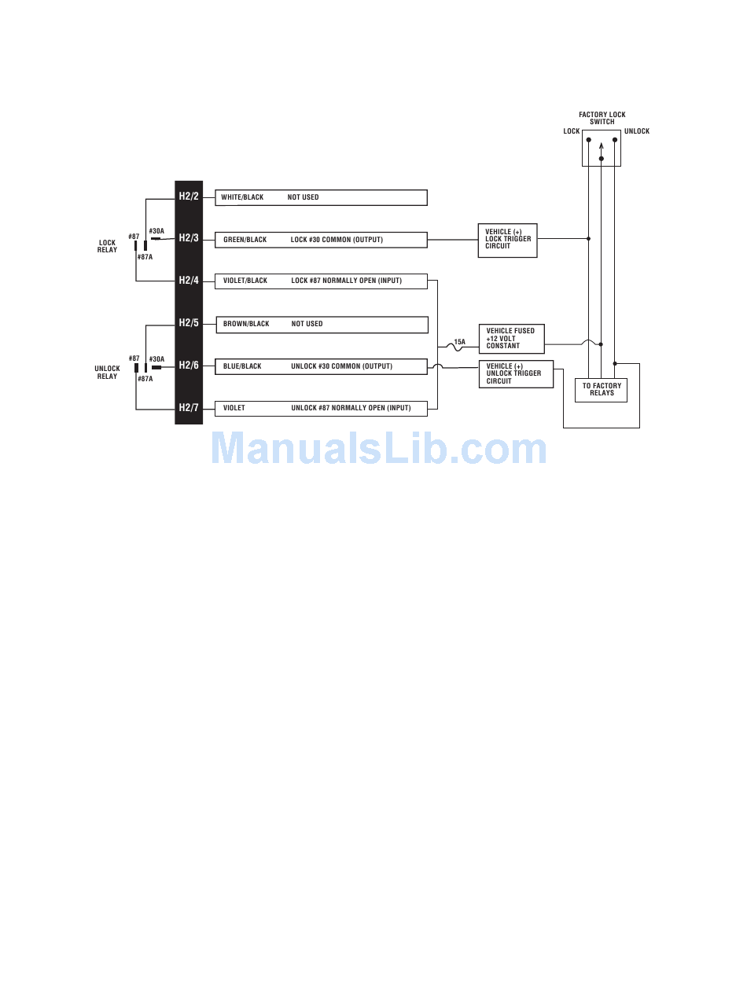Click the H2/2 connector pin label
tap(189, 196)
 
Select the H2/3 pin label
tap(189, 238)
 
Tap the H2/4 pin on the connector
tap(189, 281)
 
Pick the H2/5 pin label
tap(189, 323)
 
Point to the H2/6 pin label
tap(189, 366)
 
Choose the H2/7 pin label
tap(189, 408)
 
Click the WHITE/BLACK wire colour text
tap(242, 197)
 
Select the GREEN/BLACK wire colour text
tap(245, 240)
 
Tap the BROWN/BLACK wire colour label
tap(246, 324)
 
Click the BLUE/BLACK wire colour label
tap(242, 366)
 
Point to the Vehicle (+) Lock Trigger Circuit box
tap(507, 240)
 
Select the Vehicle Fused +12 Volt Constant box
tap(511, 338)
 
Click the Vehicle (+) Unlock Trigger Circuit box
tap(515, 373)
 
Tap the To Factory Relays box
tap(602, 390)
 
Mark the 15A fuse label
tap(459, 342)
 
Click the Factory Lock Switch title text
tap(602, 118)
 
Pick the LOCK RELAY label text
tap(107, 247)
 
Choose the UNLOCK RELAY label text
tap(107, 373)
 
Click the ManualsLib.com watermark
tap(378, 449)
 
